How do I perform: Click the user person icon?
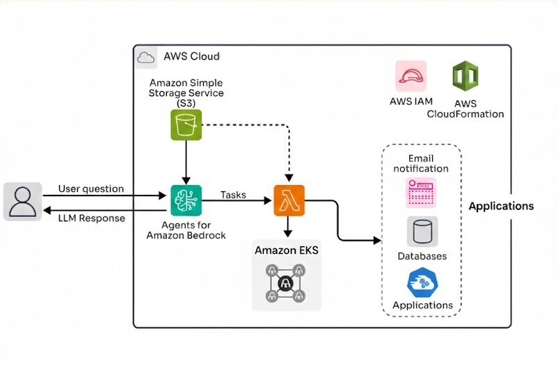tap(22, 202)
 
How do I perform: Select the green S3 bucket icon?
tap(186, 124)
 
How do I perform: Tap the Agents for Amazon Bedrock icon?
tap(186, 200)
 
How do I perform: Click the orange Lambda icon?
tap(289, 200)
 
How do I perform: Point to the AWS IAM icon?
tap(410, 77)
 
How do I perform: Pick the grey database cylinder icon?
tap(422, 231)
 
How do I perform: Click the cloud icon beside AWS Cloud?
tap(146, 56)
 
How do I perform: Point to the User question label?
tap(91, 188)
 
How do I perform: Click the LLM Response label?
tap(91, 218)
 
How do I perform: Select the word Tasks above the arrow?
tap(233, 195)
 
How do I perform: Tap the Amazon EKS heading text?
tap(287, 250)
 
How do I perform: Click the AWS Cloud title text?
tap(191, 56)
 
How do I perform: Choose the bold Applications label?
tap(501, 206)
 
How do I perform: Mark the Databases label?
tap(422, 256)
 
